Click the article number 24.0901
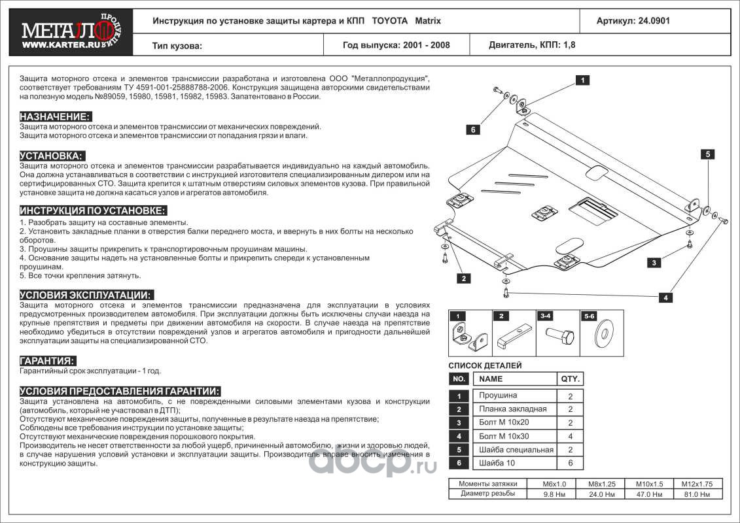633,21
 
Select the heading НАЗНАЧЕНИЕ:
55,116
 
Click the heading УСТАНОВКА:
52,156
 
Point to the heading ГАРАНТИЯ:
47,361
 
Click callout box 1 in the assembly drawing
580,80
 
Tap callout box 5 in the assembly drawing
707,154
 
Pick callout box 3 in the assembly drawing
653,263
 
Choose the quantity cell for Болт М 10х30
570,436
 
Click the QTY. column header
569,379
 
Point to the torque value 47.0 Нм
645,494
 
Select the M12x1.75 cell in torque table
701,484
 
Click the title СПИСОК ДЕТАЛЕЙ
485,365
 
